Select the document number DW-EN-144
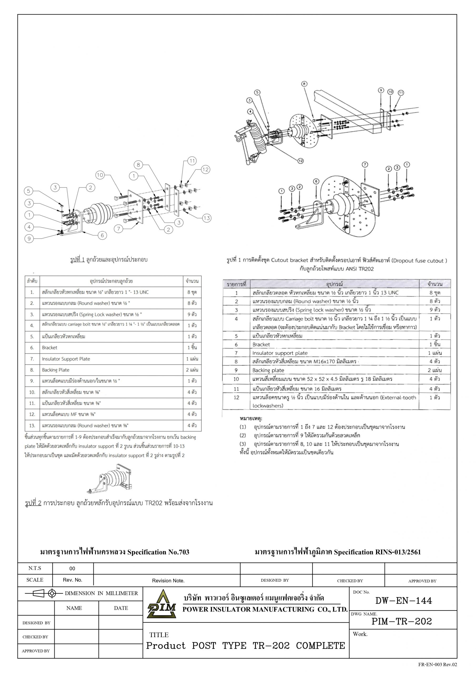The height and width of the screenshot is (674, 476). [404, 601]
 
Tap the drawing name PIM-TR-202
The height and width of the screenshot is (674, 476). [402, 621]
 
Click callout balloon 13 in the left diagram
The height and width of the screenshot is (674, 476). [207, 218]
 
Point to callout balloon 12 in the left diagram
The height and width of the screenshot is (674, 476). [205, 169]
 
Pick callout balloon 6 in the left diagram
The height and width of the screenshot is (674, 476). [102, 235]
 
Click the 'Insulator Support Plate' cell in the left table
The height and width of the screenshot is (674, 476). [66, 359]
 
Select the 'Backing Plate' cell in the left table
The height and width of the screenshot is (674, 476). [56, 370]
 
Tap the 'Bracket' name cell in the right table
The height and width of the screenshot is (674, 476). [261, 344]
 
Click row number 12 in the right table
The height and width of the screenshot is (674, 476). [236, 398]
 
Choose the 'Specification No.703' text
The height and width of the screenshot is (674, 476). [158, 552]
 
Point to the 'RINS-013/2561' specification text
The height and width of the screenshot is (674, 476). [398, 552]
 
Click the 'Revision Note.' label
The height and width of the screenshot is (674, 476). [168, 580]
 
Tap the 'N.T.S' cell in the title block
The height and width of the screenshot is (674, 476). [35, 568]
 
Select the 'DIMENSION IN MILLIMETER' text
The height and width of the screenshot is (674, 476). [101, 593]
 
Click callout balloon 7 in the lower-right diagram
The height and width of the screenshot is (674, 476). [364, 165]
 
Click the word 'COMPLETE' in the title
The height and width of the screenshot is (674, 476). [320, 646]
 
